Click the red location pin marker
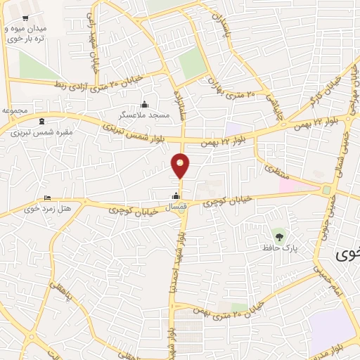click(x=181, y=166)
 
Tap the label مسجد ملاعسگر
click(x=144, y=114)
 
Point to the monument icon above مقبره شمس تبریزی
click(x=41, y=121)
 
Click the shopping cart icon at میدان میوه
click(x=26, y=18)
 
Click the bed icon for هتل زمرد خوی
click(x=47, y=198)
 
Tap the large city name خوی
click(x=347, y=253)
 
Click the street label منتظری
click(x=271, y=169)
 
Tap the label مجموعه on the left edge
click(x=15, y=111)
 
